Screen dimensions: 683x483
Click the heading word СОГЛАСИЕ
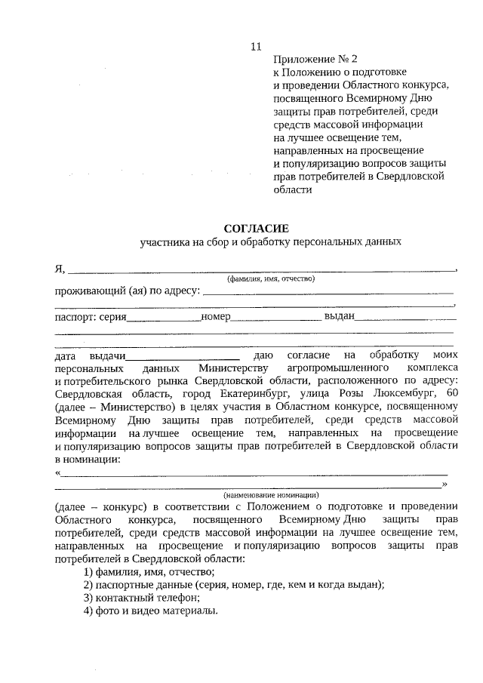(x=256, y=227)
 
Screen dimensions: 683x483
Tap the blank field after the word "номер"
(x=275, y=318)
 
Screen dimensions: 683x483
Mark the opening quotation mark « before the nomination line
(x=58, y=473)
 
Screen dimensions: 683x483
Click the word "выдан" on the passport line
(x=340, y=316)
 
